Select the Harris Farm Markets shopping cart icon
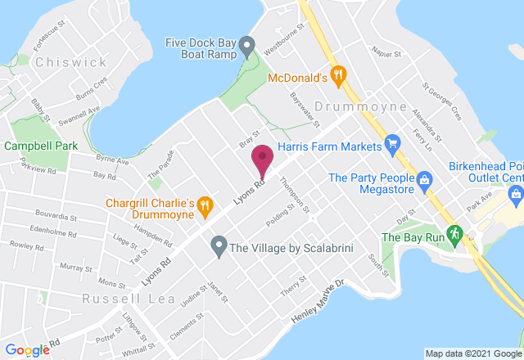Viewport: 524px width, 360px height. (x=392, y=146)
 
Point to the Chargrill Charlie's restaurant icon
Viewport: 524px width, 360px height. (x=206, y=208)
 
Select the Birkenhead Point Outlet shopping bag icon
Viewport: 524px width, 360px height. (x=516, y=195)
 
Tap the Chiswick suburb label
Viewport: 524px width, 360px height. (x=70, y=62)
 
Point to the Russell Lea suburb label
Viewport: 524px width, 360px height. (x=129, y=299)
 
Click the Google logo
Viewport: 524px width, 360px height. (x=27, y=349)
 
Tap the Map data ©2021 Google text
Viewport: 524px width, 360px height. (x=472, y=353)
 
